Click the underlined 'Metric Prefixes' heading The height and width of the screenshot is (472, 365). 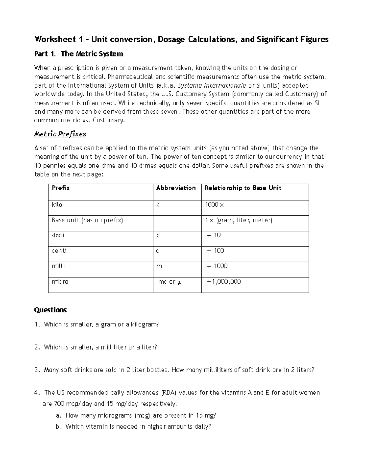(60, 134)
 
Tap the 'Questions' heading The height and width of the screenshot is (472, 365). (50, 310)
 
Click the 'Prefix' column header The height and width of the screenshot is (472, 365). (61, 188)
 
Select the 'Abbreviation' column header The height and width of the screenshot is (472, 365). (176, 188)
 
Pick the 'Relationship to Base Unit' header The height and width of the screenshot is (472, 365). (243, 188)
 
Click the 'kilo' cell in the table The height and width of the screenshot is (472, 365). (57, 205)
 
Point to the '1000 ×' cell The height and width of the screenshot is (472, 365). (214, 205)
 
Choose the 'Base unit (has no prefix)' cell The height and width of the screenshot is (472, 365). (87, 220)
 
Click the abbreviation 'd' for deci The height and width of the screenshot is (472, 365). (158, 235)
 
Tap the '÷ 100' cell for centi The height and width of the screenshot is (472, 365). (215, 251)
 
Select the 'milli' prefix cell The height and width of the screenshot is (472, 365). (58, 266)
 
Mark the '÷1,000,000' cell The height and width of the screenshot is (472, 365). (224, 282)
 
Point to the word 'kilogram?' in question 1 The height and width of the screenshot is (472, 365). (145, 324)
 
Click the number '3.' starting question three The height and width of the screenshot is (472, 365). (37, 370)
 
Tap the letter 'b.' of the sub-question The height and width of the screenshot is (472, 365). (59, 426)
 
